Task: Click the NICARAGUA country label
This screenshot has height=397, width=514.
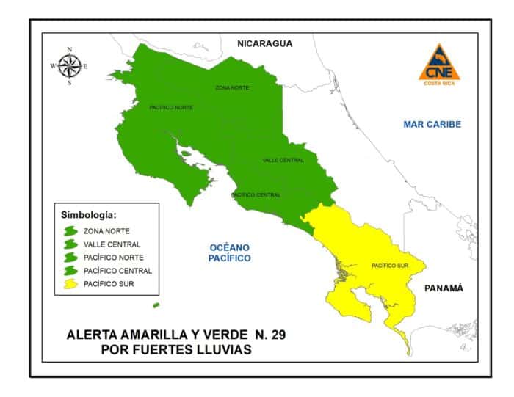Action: pos(264,44)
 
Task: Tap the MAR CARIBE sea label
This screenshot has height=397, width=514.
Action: pos(432,125)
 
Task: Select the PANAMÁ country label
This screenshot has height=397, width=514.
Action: pos(444,288)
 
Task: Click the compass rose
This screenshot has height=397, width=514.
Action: pos(69,66)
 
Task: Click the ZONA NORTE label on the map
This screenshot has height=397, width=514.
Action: pos(232,88)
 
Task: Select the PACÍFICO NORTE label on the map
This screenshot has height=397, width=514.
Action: pos(170,108)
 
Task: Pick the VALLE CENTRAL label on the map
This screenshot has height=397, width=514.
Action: pos(283,160)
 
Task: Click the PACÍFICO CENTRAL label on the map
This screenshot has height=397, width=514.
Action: pos(256,195)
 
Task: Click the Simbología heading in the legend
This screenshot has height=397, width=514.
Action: pos(87,216)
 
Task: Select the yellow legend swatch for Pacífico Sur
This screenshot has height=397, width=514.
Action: pos(71,283)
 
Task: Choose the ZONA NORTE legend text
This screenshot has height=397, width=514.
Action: pos(106,231)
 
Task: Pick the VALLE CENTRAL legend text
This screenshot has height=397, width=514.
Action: pos(112,244)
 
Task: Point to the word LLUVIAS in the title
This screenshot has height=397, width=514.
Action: pos(221,350)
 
